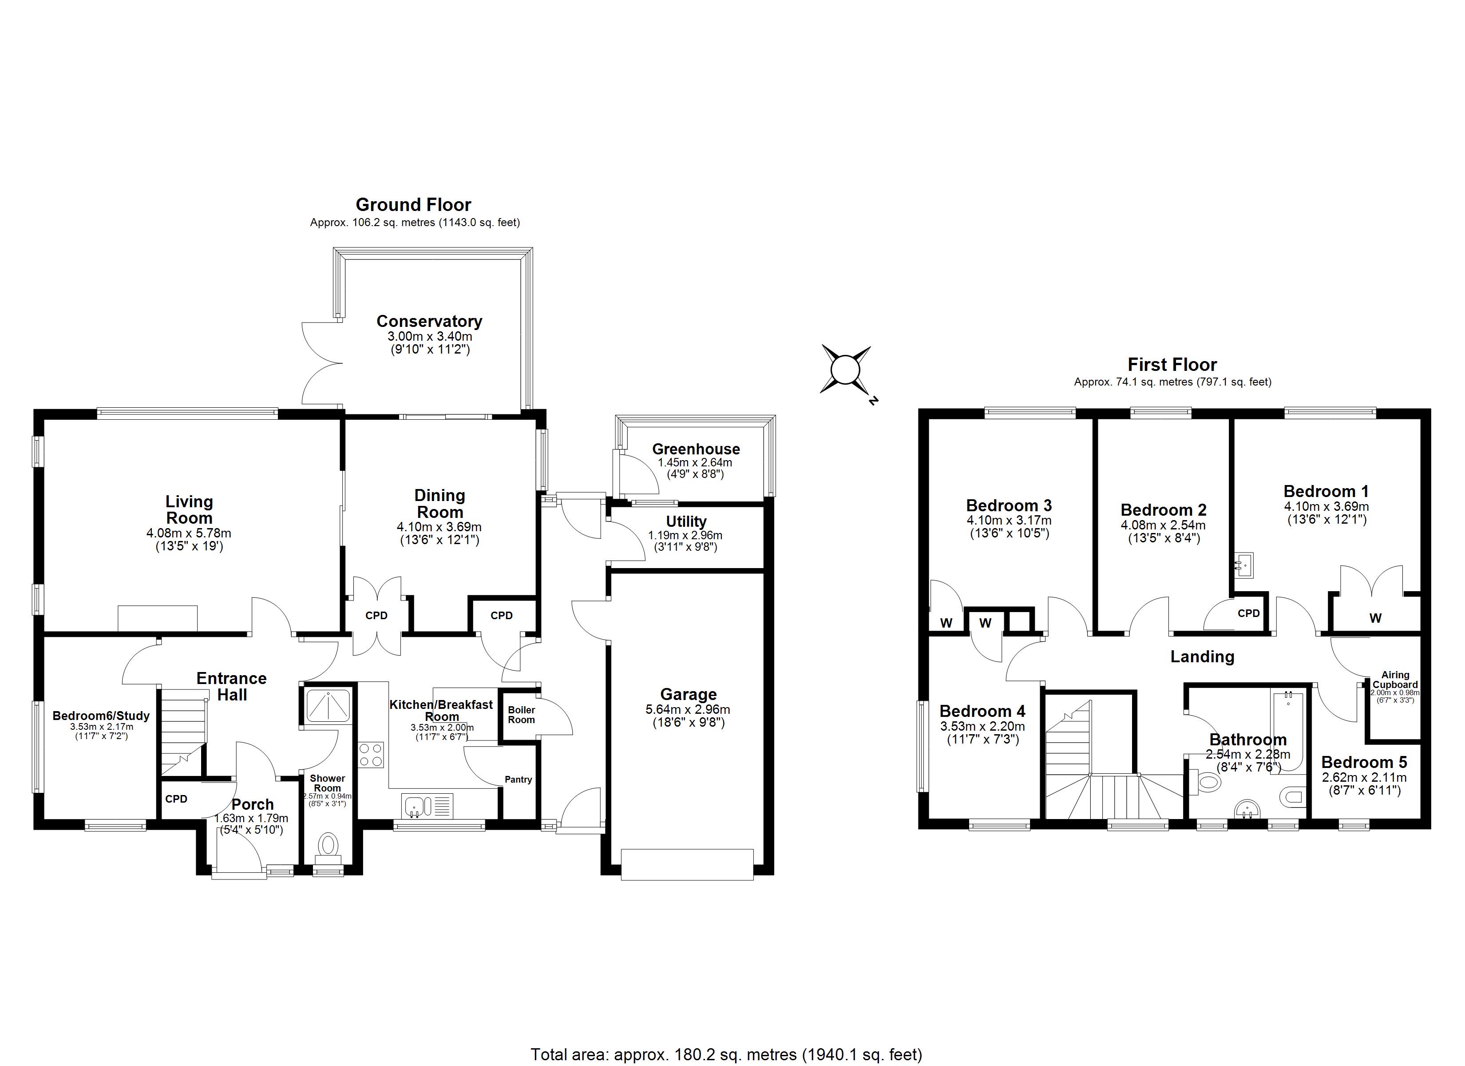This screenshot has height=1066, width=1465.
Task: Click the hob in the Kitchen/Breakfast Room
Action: tap(371, 755)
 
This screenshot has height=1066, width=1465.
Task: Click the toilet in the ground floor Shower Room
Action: tap(328, 846)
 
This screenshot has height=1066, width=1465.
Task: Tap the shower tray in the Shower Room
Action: tap(328, 706)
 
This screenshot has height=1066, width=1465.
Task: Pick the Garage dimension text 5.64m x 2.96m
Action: tap(688, 710)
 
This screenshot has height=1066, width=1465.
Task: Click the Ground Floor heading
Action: tap(413, 205)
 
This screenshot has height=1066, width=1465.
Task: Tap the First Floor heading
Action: tap(1172, 365)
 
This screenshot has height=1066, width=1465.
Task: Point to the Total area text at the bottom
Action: tap(726, 1055)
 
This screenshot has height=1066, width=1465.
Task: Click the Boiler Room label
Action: tap(521, 715)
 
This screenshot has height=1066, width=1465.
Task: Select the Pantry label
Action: tap(518, 780)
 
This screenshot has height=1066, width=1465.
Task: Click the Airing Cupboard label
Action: tap(1395, 680)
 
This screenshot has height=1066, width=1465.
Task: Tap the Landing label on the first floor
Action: tap(1202, 657)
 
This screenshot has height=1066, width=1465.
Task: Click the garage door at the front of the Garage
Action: tap(687, 864)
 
